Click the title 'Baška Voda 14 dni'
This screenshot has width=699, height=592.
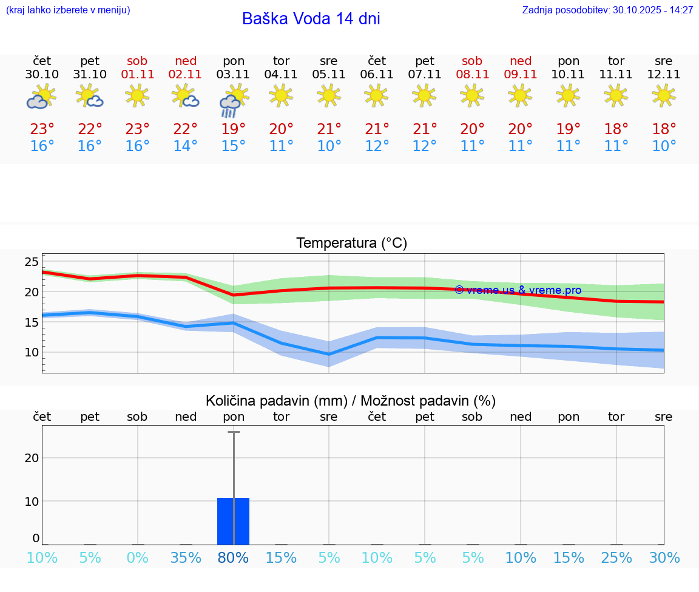click(x=311, y=19)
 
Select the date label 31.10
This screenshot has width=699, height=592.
click(x=90, y=75)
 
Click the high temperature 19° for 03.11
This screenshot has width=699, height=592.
click(x=233, y=129)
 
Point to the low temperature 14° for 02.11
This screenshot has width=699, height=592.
click(x=185, y=146)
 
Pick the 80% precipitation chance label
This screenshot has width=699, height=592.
click(x=233, y=558)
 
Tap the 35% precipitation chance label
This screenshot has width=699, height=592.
click(x=185, y=558)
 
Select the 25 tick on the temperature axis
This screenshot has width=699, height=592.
click(x=32, y=262)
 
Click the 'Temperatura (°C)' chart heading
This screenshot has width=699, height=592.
click(x=351, y=243)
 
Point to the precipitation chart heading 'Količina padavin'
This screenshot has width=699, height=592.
click(x=351, y=401)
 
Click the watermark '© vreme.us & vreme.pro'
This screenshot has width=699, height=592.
click(x=518, y=290)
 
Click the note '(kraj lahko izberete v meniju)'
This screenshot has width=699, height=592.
click(x=68, y=10)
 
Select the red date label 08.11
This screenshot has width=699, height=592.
click(x=472, y=75)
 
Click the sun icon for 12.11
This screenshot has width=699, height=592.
click(x=663, y=95)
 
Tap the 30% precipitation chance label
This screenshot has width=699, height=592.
click(x=664, y=558)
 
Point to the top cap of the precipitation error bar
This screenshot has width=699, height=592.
click(x=234, y=432)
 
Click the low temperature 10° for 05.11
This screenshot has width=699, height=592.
click(x=329, y=146)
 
